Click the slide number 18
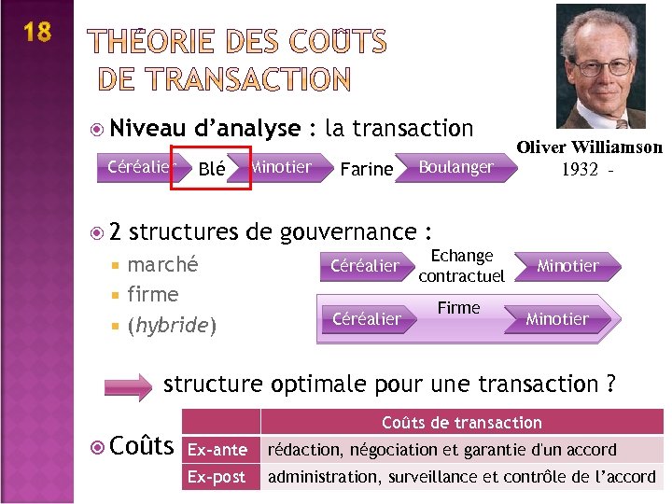coord(36,33)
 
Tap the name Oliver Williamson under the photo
coord(589,147)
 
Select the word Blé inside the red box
coord(212,169)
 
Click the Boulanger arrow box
coord(455,167)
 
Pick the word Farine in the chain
coord(366,169)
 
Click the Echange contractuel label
coord(461,265)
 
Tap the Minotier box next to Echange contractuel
coord(567,266)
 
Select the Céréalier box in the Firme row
coord(366,318)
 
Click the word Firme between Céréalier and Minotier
coord(458,308)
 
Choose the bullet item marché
coord(162,264)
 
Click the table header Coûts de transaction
coord(461,423)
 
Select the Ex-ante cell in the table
coord(217,450)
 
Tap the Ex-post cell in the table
coord(217,477)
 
